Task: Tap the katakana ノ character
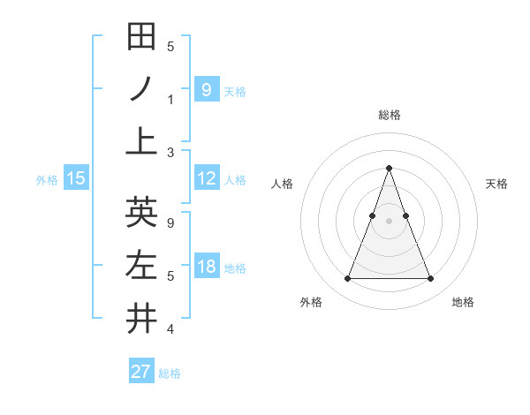click(x=141, y=88)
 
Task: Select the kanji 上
click(x=141, y=140)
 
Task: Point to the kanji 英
click(x=141, y=213)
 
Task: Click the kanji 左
click(x=141, y=266)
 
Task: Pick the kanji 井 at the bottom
click(x=141, y=318)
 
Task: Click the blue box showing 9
click(x=206, y=88)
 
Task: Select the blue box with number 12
click(x=207, y=178)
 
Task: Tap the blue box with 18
click(x=207, y=267)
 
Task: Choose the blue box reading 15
click(x=76, y=178)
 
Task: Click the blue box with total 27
click(x=141, y=372)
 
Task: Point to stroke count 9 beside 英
click(x=170, y=223)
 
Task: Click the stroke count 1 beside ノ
click(x=170, y=100)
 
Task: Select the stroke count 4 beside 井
click(x=170, y=329)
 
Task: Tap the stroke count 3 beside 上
click(x=170, y=152)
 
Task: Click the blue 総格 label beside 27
click(x=170, y=373)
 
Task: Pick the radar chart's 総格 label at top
click(x=389, y=115)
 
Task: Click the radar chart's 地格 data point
click(x=430, y=279)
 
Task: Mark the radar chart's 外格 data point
click(x=347, y=279)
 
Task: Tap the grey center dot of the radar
click(x=389, y=220)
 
